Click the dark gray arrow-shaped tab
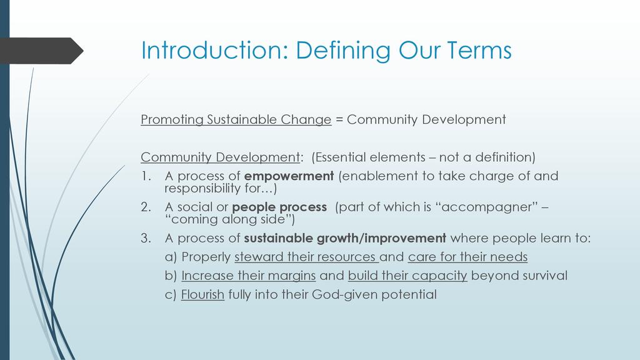41,51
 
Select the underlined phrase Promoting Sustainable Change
236,119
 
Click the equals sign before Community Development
339,120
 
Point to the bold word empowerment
289,176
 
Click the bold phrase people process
279,207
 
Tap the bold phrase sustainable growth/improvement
345,238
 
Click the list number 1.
146,176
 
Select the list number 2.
146,207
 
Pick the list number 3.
146,238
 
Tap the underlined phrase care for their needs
467,257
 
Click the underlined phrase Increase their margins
249,276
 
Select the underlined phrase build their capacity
407,276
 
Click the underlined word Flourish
203,294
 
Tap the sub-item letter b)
171,276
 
